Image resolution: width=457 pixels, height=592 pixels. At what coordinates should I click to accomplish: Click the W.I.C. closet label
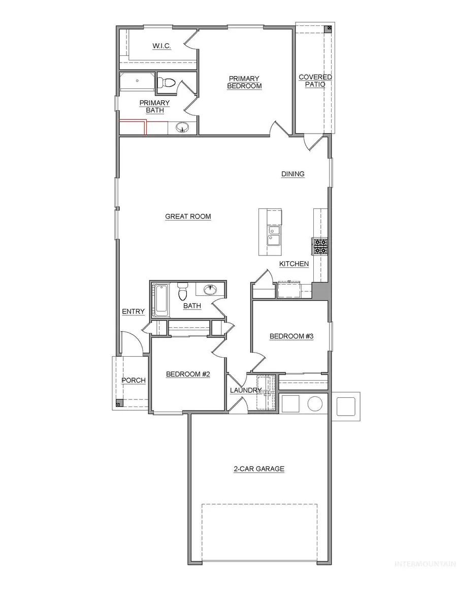coord(161,46)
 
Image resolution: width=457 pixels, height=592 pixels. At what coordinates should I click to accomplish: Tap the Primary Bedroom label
coord(245,82)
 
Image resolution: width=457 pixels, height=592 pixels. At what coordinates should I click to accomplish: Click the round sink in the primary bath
coord(182,128)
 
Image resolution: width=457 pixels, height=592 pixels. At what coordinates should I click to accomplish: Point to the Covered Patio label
coord(315,81)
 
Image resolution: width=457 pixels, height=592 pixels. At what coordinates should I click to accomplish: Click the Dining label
coord(293,174)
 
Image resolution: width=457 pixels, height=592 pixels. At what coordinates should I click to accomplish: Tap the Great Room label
coord(188,216)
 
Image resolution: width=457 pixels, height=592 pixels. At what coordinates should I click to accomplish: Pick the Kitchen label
coord(294,264)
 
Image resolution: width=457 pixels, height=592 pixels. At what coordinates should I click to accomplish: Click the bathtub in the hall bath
coord(161,300)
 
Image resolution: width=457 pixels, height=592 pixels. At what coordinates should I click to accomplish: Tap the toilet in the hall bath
coord(182,292)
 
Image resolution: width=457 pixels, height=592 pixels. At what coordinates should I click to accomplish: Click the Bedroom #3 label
coord(291,336)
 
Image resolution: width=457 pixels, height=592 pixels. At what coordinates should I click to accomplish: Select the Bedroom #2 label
coord(188,375)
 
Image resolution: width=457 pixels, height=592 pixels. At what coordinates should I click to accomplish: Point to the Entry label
coord(133,311)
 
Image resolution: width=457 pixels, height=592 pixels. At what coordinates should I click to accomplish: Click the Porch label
coord(133,380)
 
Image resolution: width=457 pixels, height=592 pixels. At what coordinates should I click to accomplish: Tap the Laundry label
coord(245,390)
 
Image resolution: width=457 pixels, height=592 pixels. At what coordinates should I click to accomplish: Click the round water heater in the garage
coord(315,404)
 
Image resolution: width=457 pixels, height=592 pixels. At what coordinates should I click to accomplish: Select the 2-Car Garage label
coord(258,469)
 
